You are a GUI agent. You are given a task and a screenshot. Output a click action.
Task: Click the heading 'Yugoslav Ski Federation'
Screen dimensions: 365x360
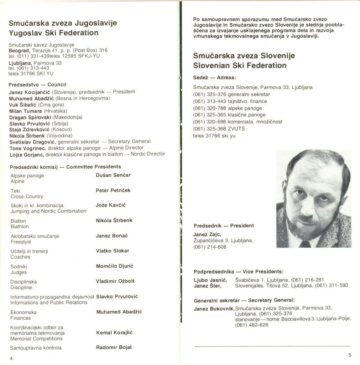point(53,33)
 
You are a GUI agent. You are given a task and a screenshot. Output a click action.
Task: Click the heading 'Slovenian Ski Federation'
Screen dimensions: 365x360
point(240,65)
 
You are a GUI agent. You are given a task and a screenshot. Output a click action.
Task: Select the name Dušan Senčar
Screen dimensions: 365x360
point(113,175)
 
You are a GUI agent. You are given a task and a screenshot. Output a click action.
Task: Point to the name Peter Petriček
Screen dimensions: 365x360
point(113,191)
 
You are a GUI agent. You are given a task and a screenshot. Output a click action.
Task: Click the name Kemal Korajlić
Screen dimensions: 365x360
point(114,333)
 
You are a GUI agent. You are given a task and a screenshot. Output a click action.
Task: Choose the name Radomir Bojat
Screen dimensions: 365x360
point(114,347)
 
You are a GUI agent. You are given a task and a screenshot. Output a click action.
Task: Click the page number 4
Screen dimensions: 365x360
point(11,358)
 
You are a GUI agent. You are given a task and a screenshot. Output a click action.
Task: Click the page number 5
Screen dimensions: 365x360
point(350,355)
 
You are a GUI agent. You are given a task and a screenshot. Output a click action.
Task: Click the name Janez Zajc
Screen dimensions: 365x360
point(207,234)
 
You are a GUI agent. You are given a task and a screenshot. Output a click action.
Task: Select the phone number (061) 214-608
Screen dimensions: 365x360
point(210,247)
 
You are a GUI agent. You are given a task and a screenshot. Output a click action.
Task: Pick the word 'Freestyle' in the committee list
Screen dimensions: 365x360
point(21,242)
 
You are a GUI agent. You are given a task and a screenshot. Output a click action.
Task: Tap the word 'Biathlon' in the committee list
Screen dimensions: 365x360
point(20,227)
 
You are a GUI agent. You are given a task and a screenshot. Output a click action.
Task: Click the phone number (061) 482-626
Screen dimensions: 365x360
point(252,325)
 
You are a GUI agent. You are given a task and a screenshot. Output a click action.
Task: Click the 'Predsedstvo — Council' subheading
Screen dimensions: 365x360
point(37,85)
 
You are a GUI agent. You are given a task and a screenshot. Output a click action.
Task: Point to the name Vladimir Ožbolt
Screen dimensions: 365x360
point(115,281)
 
